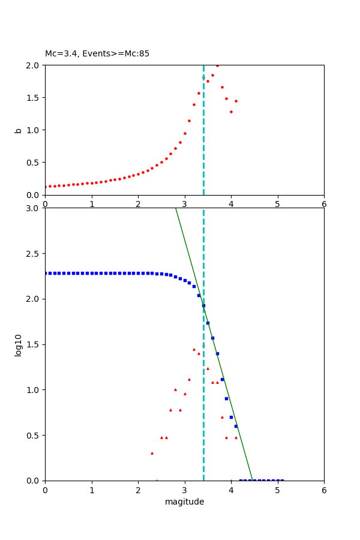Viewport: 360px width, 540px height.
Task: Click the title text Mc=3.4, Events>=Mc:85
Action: pos(97,54)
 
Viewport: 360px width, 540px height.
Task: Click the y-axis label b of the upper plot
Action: pos(19,130)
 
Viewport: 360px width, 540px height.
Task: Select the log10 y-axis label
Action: pos(19,345)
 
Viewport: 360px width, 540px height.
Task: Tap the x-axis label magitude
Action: pos(184,502)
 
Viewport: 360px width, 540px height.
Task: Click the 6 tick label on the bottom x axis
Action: pos(324,490)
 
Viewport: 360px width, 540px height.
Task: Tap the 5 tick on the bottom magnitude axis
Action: pos(277,490)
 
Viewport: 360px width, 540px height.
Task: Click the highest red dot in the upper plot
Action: pos(217,65)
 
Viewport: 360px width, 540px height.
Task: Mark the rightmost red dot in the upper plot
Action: pos(236,101)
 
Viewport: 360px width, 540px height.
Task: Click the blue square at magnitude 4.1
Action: pos(236,426)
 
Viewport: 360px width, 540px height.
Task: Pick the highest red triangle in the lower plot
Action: pos(194,349)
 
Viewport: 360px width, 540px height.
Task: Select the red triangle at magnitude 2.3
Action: pos(152,453)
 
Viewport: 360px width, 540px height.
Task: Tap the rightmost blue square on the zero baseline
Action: pos(282,480)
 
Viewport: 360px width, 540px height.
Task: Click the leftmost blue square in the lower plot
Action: pos(46,273)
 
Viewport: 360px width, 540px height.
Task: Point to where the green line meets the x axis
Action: pos(253,480)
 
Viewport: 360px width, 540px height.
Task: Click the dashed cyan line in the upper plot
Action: pos(203,150)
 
